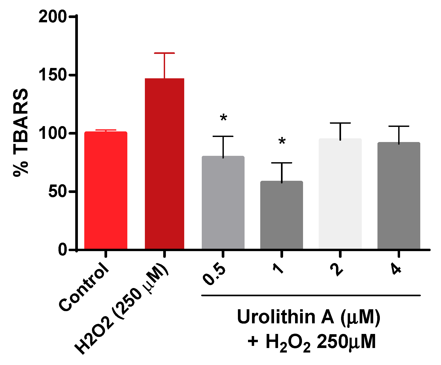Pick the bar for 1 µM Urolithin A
point(282,215)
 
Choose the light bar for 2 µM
point(340,194)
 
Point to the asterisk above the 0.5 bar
point(224,118)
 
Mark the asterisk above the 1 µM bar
point(282,141)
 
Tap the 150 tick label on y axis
point(52,75)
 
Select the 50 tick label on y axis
point(57,191)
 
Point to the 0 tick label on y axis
point(62,250)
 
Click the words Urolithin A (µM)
point(308,317)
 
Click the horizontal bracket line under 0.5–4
point(311,295)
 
